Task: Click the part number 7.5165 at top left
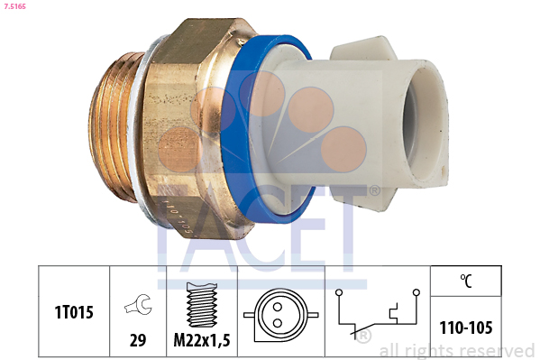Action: (x=14, y=6)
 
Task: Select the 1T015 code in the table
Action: (x=74, y=312)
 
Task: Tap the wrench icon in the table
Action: (x=138, y=304)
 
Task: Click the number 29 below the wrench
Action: (x=138, y=340)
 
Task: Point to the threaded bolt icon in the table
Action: (x=202, y=305)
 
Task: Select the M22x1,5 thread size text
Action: (x=202, y=340)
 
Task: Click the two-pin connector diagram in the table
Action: (x=280, y=315)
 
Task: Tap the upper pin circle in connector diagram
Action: (x=278, y=307)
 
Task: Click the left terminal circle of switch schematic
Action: (x=339, y=292)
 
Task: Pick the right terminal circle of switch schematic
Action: (x=416, y=292)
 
